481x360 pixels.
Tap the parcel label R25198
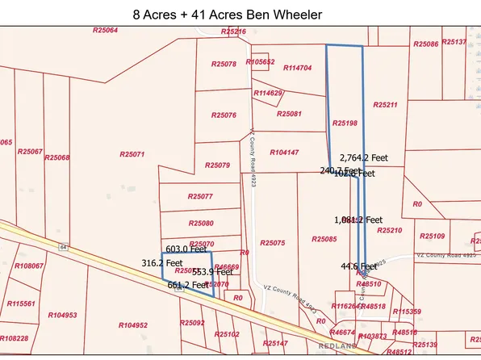click(345, 123)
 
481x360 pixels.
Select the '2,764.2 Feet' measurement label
click(366, 158)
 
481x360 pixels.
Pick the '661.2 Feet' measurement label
click(188, 285)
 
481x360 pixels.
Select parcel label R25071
click(132, 153)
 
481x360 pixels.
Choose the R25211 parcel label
click(386, 105)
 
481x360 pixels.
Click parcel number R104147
click(284, 152)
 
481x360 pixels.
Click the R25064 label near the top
click(106, 30)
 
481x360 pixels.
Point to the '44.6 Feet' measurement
click(357, 266)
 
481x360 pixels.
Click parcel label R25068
click(56, 157)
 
